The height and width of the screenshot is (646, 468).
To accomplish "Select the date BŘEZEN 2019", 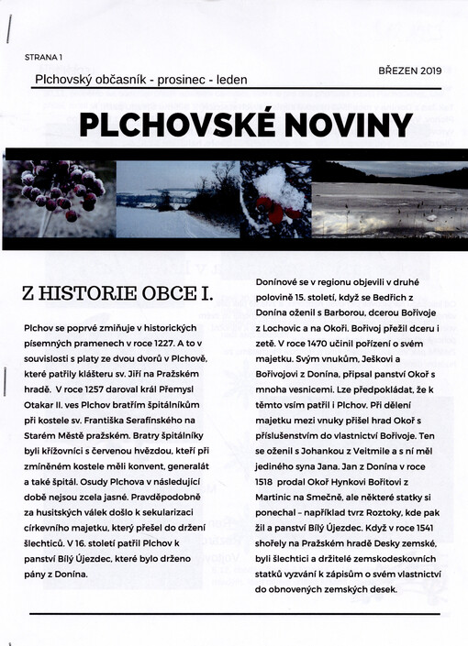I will [x=409, y=71].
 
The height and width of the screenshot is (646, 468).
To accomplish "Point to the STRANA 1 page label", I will [x=50, y=57].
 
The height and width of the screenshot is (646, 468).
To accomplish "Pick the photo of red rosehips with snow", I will [x=275, y=199].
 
